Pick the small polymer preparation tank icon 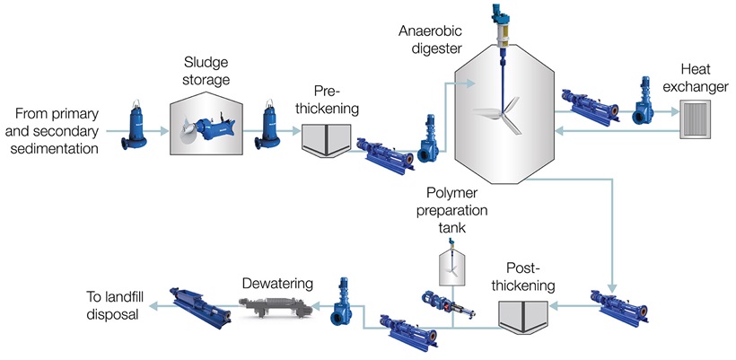point(452,265)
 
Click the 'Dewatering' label point(277,284)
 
